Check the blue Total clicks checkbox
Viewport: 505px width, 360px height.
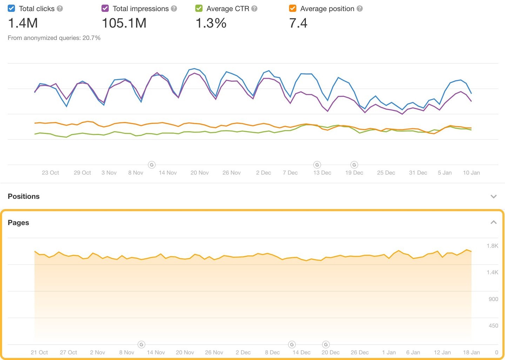click(x=11, y=8)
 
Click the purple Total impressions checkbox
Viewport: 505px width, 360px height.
click(x=105, y=8)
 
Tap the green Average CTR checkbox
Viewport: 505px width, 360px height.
click(x=199, y=8)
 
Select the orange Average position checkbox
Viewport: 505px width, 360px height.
click(x=292, y=8)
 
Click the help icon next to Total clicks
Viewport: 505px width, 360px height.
click(x=60, y=8)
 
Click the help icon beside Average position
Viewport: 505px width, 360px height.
click(x=359, y=8)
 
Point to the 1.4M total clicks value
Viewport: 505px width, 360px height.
click(x=23, y=23)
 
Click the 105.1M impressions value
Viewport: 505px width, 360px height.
click(x=124, y=23)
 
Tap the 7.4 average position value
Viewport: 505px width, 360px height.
click(x=298, y=23)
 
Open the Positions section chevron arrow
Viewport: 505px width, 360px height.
click(x=493, y=196)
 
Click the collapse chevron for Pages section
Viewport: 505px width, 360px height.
click(x=493, y=222)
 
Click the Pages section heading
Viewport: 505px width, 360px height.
click(x=19, y=223)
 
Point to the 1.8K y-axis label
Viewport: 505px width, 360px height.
click(x=492, y=246)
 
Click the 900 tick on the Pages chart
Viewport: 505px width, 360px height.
click(x=493, y=299)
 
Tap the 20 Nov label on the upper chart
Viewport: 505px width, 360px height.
click(x=200, y=172)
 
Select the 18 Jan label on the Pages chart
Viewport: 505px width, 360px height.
click(x=471, y=352)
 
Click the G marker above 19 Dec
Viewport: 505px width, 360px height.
click(x=354, y=165)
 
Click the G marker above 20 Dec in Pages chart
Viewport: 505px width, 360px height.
click(x=326, y=345)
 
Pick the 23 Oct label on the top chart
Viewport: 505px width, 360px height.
click(x=50, y=172)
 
